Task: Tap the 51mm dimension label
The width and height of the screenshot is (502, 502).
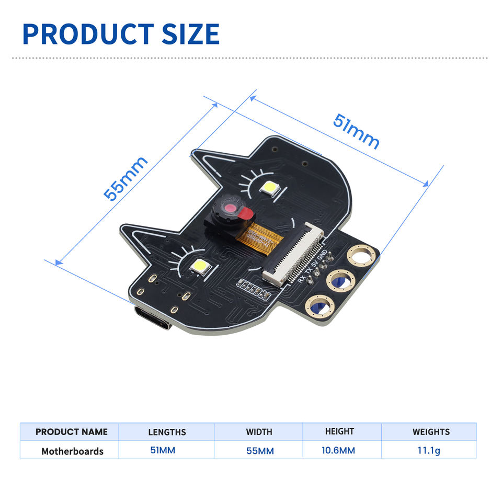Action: coord(356,131)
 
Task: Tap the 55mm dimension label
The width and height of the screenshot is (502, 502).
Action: coord(125,178)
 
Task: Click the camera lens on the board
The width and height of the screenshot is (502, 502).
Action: coord(229,209)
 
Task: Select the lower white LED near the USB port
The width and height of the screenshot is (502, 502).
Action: coord(200,267)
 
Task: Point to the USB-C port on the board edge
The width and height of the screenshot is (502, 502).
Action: coord(152,318)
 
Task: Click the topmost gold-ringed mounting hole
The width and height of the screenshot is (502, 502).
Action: coord(361,256)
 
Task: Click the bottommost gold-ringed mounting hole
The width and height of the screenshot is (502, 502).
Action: coord(320,305)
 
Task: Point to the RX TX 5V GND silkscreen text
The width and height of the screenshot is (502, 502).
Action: coord(313,267)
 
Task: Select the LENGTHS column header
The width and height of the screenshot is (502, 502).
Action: coord(167,432)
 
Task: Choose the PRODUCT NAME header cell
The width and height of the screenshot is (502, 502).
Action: coord(72,432)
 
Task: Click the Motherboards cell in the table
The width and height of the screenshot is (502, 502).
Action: coord(72,451)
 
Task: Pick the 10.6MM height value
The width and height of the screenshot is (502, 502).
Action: coord(338,450)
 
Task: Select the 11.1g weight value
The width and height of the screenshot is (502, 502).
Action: coord(429,450)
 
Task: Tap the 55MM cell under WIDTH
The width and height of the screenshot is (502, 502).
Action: coord(260,451)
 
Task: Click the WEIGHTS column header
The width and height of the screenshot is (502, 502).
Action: coord(431,432)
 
